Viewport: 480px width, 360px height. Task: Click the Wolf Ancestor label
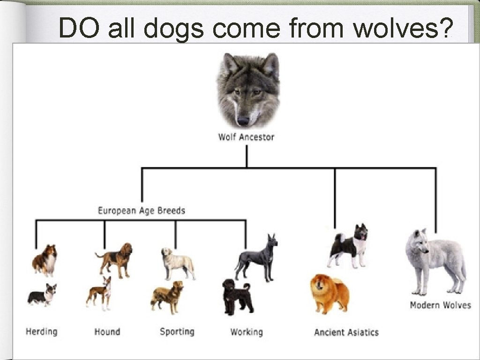click(x=246, y=137)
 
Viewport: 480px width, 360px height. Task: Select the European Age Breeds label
click(x=141, y=210)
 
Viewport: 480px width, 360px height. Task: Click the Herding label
click(x=41, y=332)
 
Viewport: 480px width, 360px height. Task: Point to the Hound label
click(x=107, y=332)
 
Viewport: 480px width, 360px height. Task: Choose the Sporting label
click(x=177, y=332)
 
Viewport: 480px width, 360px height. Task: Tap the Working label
click(x=247, y=332)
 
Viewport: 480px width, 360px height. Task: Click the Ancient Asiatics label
click(x=346, y=332)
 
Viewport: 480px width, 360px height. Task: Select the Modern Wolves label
click(x=440, y=305)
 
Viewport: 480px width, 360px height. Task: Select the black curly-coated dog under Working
click(x=237, y=297)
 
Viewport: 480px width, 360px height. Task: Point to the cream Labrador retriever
click(x=177, y=263)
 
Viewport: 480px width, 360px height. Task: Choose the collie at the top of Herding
click(x=45, y=260)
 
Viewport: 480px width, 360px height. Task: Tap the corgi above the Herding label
click(x=42, y=295)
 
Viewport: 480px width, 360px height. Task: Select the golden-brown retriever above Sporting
click(x=167, y=297)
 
